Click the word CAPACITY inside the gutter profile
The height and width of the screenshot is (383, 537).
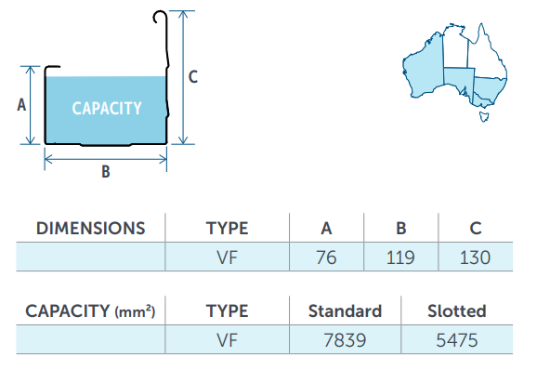pos(107,109)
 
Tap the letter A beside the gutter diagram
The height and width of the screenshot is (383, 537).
pos(21,105)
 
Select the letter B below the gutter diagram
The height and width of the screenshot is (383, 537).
pos(106,172)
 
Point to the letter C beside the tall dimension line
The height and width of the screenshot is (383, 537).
pos(193,77)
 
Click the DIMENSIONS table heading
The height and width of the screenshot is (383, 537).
pos(91,229)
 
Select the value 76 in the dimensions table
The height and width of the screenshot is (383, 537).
pos(326,258)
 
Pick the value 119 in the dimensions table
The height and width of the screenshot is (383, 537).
pos(400,258)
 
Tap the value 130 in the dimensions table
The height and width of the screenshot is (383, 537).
pos(475,258)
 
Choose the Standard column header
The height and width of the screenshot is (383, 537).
pos(345,311)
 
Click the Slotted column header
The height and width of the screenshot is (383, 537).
pos(457,311)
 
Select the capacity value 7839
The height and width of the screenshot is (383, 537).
pos(345,340)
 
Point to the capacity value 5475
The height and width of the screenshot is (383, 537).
pos(457,340)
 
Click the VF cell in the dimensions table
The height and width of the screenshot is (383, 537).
pos(227,258)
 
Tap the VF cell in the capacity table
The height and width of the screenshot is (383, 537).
pos(227,340)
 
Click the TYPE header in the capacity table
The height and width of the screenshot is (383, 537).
pos(227,311)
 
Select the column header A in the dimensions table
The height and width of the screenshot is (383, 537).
pos(326,229)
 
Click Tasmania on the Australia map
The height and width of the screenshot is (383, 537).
pos(484,116)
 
